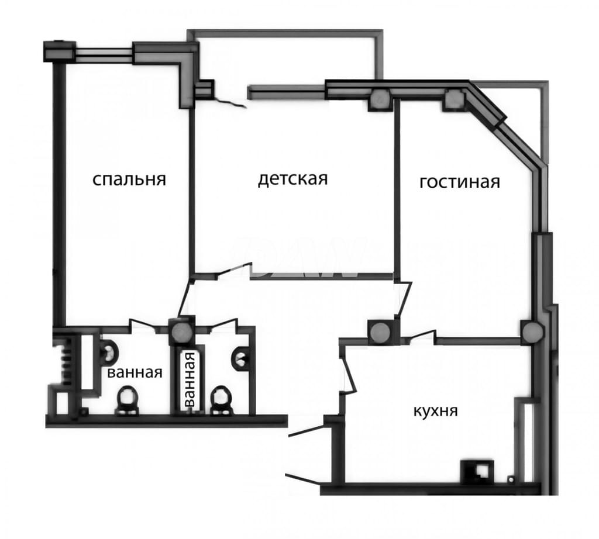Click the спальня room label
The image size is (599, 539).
[129, 179]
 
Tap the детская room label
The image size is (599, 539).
[293, 178]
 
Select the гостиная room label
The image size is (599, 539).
[460, 182]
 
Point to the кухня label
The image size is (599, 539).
[435, 411]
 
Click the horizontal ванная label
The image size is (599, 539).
[135, 372]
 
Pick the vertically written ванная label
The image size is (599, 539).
[189, 380]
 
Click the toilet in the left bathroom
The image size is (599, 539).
[126, 400]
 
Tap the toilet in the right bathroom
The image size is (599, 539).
[221, 400]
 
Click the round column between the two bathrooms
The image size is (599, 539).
[181, 332]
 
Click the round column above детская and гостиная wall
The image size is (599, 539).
[380, 99]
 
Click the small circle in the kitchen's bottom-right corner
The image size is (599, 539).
[510, 478]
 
